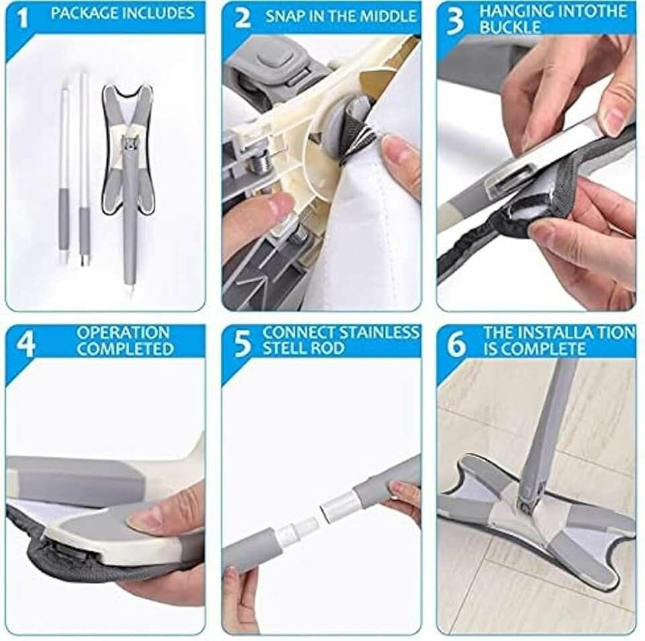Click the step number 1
pos(23,19)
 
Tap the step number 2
pos(243,19)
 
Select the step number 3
pos(456,21)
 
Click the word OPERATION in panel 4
pos(124,333)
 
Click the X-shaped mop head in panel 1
pos(128,153)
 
